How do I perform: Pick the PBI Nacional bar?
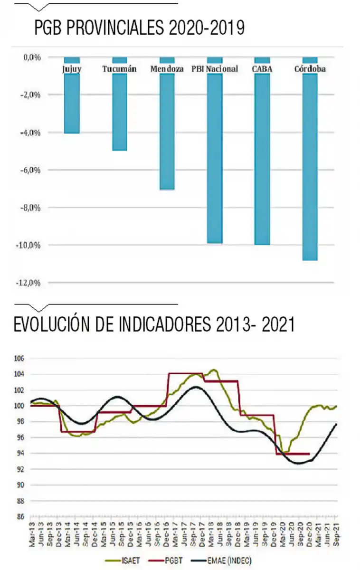coord(215,157)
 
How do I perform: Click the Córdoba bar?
coord(310,166)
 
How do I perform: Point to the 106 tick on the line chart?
coord(19,359)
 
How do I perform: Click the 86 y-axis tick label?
coord(20,516)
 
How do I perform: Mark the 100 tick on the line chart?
coord(19,406)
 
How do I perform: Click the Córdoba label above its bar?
coord(310,69)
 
